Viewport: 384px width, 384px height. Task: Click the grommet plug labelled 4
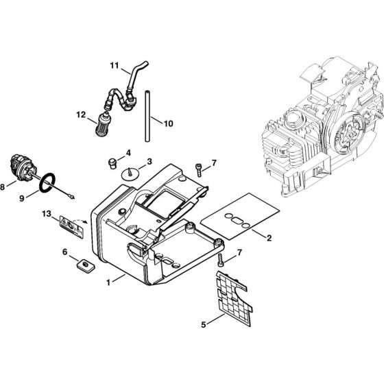coord(108,161)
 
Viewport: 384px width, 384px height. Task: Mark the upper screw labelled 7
coord(198,167)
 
